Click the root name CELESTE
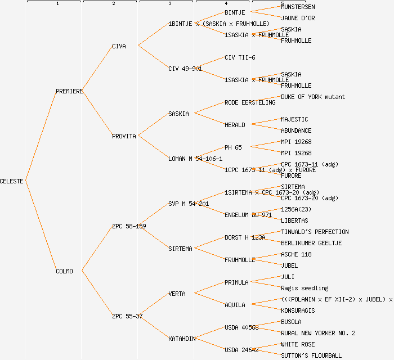coord(12,181)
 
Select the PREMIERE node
coord(69,91)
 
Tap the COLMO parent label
coord(64,271)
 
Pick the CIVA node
coord(119,46)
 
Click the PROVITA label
coord(124,136)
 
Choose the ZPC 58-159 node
coord(129,226)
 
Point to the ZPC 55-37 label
coord(127,316)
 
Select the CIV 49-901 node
coord(185,69)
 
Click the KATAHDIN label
coord(182,339)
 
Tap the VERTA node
coord(177,294)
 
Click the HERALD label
coord(235,125)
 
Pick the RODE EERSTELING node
coord(250,102)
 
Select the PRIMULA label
coord(236,282)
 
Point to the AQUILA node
coord(235,305)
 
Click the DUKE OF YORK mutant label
coord(313,97)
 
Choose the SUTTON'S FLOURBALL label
coord(311,355)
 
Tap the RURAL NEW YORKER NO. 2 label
coord(318,333)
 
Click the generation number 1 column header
coord(57,4)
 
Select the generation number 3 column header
coord(169,4)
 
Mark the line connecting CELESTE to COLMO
coord(41,226)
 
